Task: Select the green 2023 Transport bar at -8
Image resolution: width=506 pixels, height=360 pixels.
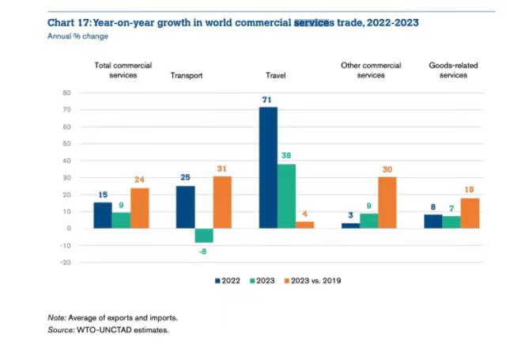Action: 204,235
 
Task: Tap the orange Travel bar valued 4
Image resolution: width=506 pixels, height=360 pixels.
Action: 304,225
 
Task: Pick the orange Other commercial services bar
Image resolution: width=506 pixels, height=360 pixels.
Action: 387,203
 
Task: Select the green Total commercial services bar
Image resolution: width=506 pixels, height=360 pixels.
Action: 121,221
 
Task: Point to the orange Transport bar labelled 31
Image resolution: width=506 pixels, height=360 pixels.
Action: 222,202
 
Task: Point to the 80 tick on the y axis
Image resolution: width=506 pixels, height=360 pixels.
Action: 67,93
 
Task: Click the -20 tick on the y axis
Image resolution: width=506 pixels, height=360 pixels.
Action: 66,262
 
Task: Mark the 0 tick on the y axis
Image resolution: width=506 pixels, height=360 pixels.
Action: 69,228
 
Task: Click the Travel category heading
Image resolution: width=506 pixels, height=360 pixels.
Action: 275,76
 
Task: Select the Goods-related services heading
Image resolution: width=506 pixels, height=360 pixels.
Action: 447,70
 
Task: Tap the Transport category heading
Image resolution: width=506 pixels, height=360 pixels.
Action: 187,76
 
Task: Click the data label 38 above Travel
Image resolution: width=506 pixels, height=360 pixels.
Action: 286,157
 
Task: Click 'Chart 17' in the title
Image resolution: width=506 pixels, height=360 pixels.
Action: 69,23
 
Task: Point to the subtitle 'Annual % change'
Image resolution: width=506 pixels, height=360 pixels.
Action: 77,36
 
